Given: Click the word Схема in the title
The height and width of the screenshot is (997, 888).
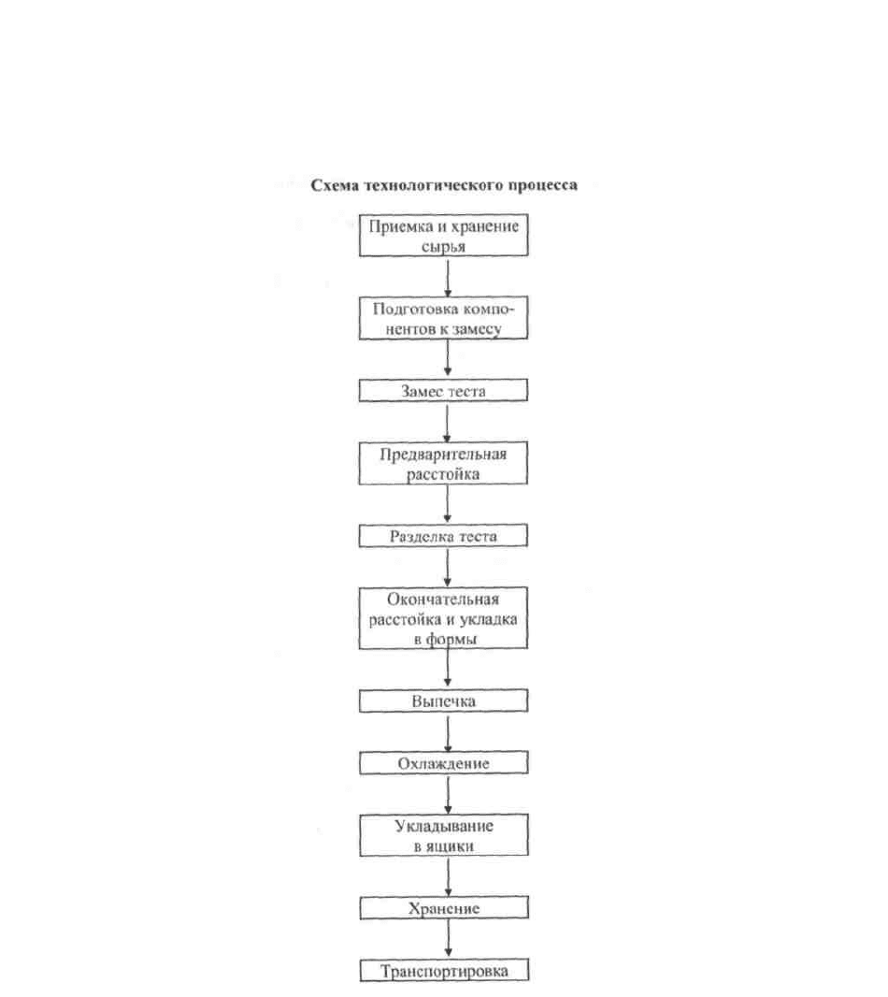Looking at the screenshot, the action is [x=335, y=186].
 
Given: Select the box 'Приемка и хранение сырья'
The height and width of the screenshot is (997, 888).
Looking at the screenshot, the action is [x=444, y=236].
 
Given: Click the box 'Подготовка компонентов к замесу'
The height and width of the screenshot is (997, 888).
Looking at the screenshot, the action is [x=443, y=318].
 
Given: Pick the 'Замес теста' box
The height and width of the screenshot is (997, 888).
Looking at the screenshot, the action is [x=443, y=390].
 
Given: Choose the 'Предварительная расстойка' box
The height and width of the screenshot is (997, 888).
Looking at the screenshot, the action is [x=443, y=463].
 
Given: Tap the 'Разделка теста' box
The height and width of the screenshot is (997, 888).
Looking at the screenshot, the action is [x=443, y=536].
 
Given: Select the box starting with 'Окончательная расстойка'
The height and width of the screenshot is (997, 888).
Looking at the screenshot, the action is [x=443, y=618].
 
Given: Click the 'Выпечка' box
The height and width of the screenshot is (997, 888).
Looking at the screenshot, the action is [x=444, y=701].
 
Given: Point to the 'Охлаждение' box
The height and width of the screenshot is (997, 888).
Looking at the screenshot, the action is [x=444, y=763].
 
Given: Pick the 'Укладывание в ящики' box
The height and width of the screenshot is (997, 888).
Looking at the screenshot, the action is [x=444, y=835].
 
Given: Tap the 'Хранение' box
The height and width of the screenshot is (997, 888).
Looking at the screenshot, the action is [x=444, y=908].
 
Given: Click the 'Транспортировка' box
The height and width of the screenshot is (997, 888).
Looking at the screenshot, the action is [x=444, y=971].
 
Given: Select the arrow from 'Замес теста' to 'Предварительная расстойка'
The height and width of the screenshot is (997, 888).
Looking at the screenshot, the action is [x=447, y=422].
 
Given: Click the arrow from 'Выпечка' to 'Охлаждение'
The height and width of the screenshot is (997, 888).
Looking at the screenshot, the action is [x=448, y=732].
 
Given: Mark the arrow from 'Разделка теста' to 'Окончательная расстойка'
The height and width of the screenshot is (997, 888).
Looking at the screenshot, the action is [x=448, y=567].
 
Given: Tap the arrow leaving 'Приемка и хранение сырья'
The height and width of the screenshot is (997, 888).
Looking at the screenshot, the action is [x=448, y=277].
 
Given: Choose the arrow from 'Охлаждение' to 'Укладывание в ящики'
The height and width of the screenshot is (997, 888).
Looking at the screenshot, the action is [x=448, y=795].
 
